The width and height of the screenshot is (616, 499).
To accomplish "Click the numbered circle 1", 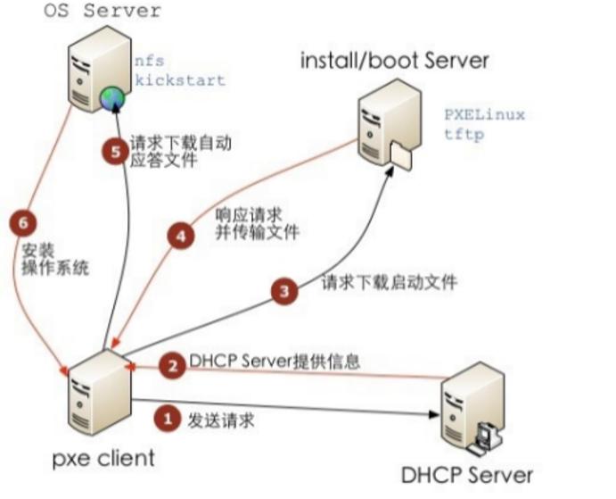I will pos(165,416).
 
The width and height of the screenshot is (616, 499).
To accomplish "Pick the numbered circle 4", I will pos(181,236).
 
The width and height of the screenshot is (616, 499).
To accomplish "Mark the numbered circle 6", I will pos(23,222).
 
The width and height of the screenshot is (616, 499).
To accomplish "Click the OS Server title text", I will pos(103,12).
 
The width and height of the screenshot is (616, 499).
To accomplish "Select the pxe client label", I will pos(103,459).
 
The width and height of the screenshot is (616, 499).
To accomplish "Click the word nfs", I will pos(149,62).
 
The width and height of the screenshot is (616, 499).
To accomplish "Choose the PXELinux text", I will pos(485,115).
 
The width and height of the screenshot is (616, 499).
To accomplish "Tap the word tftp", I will pos(463,135).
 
